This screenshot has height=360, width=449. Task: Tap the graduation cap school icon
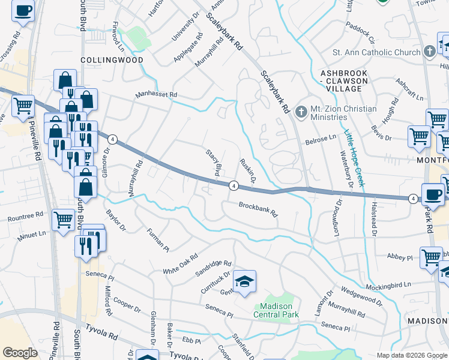click(x=244, y=283)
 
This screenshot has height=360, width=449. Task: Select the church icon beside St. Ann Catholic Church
click(x=429, y=52)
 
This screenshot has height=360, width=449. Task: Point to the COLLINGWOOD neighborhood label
click(x=112, y=61)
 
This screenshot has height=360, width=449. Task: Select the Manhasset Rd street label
click(x=156, y=95)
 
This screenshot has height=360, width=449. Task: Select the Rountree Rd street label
click(x=22, y=214)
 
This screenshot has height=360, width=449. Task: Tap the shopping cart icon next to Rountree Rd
click(x=63, y=220)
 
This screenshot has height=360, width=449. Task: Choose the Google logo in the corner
click(x=20, y=352)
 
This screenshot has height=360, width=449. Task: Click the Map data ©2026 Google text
click(x=411, y=355)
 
